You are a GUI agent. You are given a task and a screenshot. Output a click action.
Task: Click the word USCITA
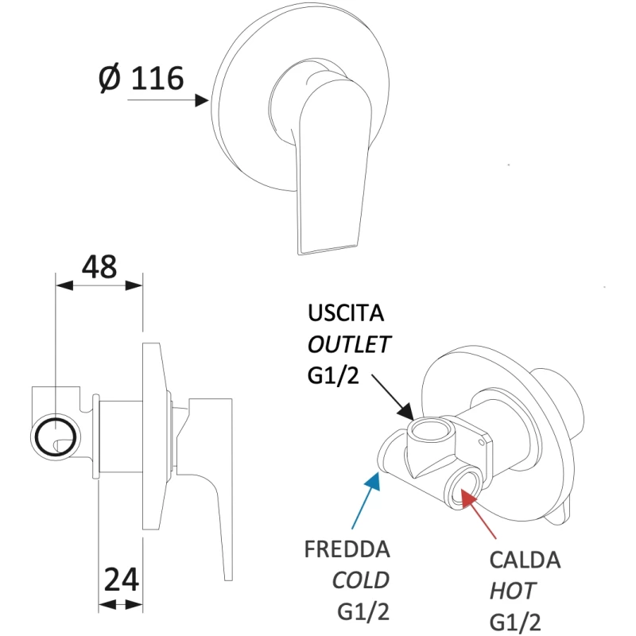point(348,313)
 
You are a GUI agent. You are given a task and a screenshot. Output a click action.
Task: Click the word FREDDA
point(347,550)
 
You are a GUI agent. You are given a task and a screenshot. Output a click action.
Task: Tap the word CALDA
point(525,560)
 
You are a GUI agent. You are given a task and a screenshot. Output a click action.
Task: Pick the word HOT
point(512,590)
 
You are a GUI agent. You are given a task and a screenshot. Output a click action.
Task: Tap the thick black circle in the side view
point(55,436)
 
